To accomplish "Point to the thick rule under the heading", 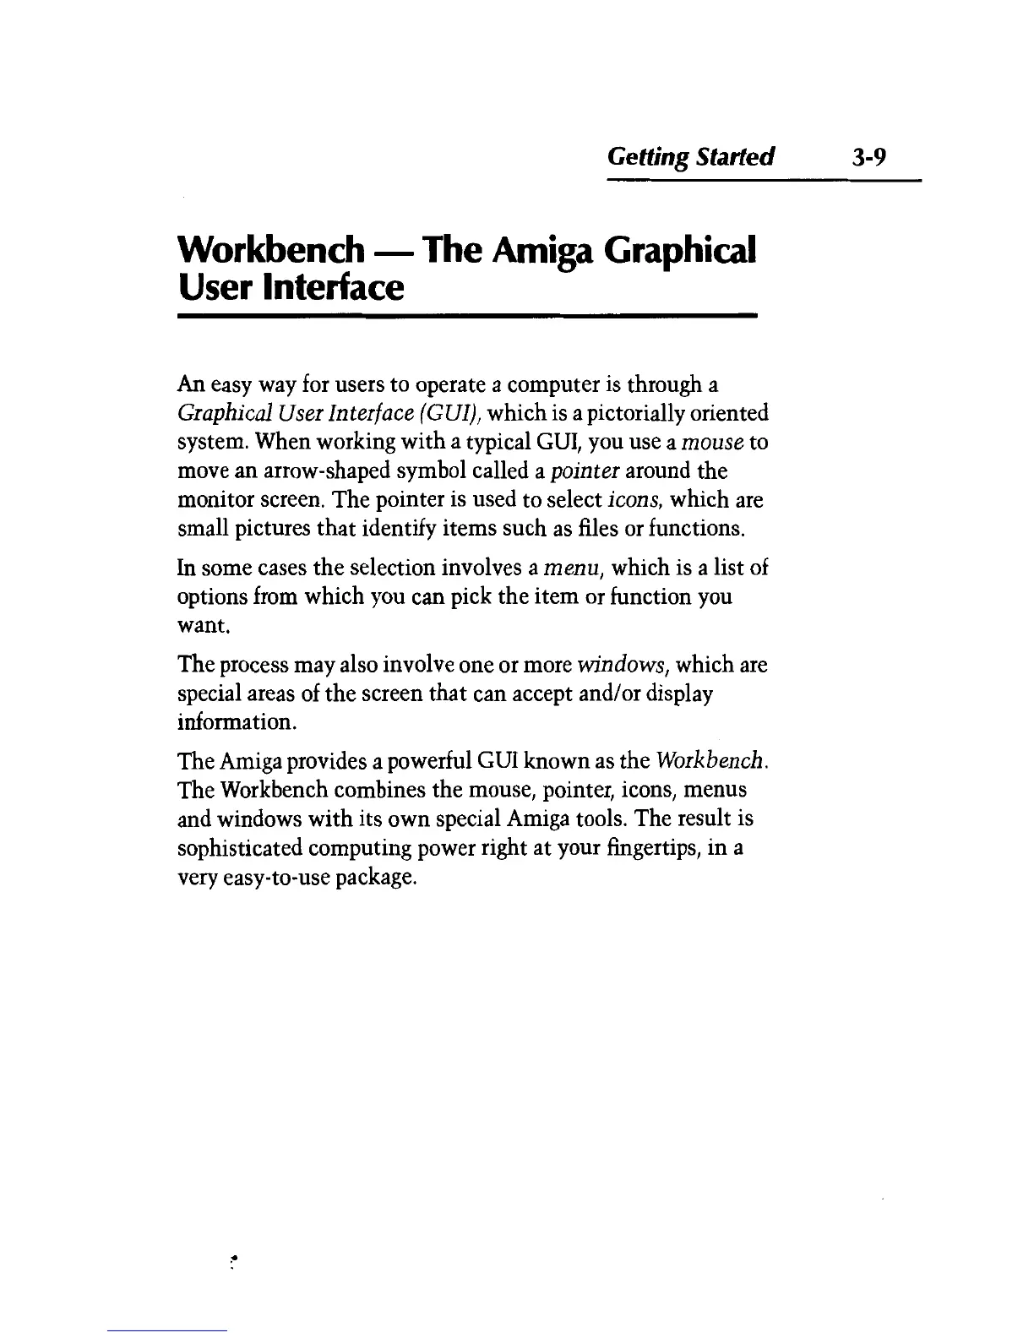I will click(x=466, y=316).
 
